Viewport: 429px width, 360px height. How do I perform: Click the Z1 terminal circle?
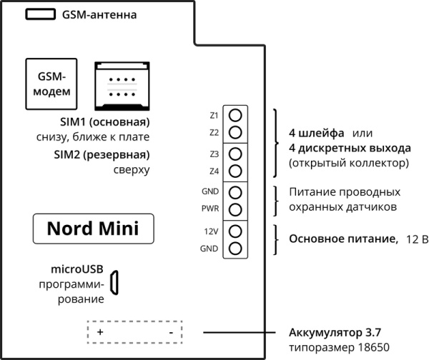(x=235, y=116)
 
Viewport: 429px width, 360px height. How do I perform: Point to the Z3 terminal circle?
(x=235, y=154)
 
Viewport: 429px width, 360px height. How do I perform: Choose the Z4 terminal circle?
(x=235, y=171)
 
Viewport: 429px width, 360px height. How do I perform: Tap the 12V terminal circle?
(x=235, y=231)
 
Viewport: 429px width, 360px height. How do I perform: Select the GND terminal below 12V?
(x=235, y=249)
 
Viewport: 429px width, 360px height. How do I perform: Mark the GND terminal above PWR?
(x=235, y=192)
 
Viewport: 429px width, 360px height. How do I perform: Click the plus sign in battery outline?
(x=100, y=333)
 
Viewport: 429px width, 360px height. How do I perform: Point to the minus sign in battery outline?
(x=171, y=333)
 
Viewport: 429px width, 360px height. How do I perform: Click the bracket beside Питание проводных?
(x=277, y=200)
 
